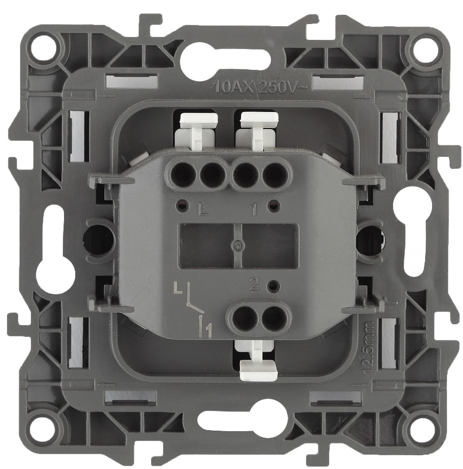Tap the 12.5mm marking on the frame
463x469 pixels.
click(x=369, y=347)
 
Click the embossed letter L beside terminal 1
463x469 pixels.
click(x=203, y=210)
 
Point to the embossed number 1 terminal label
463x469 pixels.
click(x=254, y=210)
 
